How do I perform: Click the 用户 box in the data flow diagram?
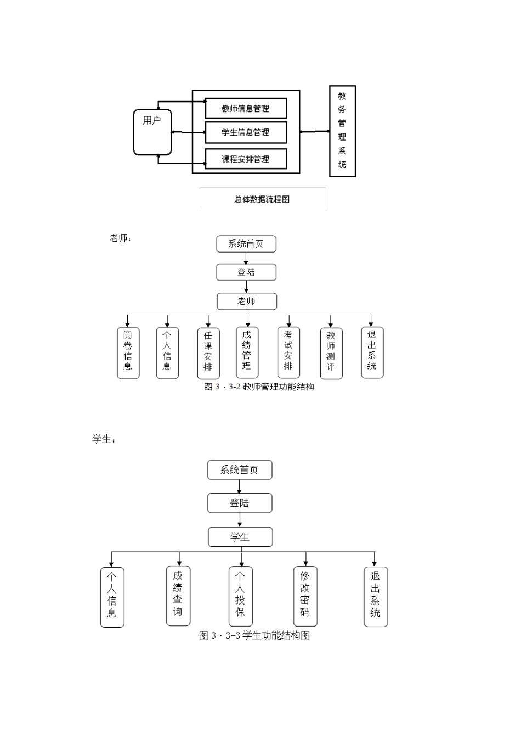[152, 132]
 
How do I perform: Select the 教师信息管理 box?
[246, 108]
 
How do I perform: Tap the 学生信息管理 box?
[246, 132]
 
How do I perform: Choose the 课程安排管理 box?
[246, 159]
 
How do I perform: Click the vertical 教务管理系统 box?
[342, 131]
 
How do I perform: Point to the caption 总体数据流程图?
[262, 199]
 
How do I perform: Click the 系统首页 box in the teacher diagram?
[246, 244]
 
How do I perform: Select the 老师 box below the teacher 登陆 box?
[246, 301]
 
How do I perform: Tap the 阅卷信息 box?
[128, 353]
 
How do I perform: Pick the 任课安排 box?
[208, 353]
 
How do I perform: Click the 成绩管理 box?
[247, 352]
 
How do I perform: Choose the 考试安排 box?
[288, 353]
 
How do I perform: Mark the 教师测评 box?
[331, 353]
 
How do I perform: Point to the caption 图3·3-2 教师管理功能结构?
[259, 387]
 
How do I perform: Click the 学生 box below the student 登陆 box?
[240, 537]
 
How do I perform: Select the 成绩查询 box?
[178, 595]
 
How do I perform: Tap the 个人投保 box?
[240, 596]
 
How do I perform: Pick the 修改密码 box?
[305, 596]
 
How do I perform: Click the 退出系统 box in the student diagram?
[375, 596]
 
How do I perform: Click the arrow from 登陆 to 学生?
[240, 520]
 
